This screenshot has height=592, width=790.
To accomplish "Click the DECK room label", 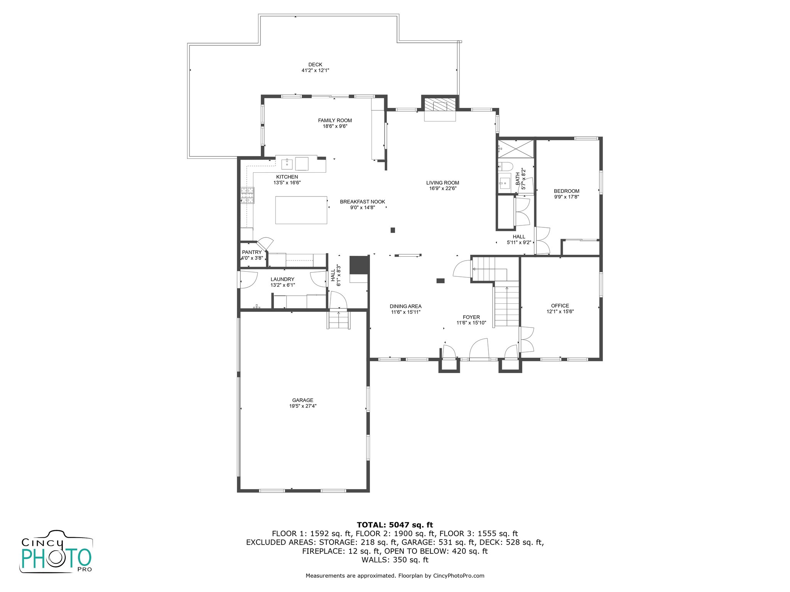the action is pyautogui.click(x=315, y=65).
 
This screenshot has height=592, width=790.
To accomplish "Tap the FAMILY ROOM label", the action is pyautogui.click(x=335, y=121).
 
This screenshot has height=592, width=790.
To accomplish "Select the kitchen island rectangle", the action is pyautogui.click(x=301, y=210).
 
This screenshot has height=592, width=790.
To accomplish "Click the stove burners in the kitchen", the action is pyautogui.click(x=248, y=195).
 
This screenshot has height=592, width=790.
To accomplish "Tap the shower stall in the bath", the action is pyautogui.click(x=515, y=149).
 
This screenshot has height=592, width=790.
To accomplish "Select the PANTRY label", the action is pyautogui.click(x=252, y=252).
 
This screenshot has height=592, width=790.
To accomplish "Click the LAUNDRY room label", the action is pyautogui.click(x=282, y=279).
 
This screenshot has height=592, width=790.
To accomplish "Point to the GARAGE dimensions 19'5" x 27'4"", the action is pyautogui.click(x=303, y=406).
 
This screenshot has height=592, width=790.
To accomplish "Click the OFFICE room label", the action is pyautogui.click(x=560, y=306).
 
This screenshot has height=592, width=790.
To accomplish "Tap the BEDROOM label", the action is pyautogui.click(x=567, y=191).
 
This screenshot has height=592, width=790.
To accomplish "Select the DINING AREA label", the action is pyautogui.click(x=405, y=306).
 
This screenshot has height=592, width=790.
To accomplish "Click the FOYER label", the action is pyautogui.click(x=471, y=317).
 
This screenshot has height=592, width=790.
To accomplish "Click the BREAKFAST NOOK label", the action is pyautogui.click(x=363, y=202).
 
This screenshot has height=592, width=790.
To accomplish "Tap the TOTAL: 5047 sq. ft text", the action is pyautogui.click(x=395, y=525).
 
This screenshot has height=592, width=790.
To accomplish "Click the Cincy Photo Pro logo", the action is pyautogui.click(x=56, y=551).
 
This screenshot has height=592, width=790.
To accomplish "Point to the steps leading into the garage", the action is pyautogui.click(x=339, y=320).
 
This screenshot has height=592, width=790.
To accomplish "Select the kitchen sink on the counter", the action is pyautogui.click(x=287, y=164).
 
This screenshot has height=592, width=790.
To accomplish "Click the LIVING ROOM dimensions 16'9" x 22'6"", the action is pyautogui.click(x=443, y=188).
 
